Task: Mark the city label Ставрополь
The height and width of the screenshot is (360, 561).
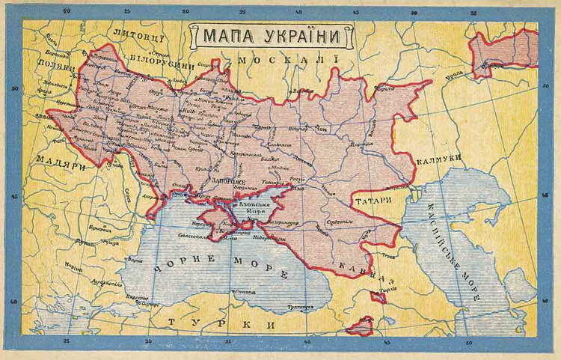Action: pos(339,222)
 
